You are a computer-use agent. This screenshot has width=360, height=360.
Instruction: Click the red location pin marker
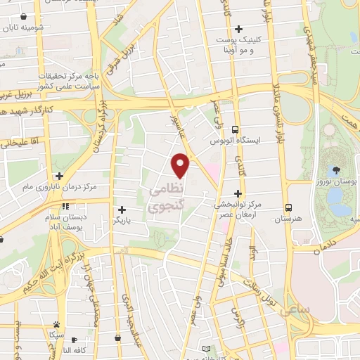point(181,165)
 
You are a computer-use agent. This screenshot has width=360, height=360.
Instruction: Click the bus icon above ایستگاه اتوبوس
point(235,129)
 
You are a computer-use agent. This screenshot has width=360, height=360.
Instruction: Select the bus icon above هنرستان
point(289,207)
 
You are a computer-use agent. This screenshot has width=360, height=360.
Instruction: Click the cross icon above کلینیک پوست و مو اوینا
point(239,30)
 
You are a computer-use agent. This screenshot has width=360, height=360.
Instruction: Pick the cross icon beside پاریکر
point(122,210)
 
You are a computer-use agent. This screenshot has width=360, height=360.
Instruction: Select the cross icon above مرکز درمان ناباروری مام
point(59,176)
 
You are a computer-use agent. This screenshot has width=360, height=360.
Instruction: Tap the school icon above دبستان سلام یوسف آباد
point(65,207)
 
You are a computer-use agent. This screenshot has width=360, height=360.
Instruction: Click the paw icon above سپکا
point(56,324)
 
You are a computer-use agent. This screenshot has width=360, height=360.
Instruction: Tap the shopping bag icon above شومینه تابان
point(24,16)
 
